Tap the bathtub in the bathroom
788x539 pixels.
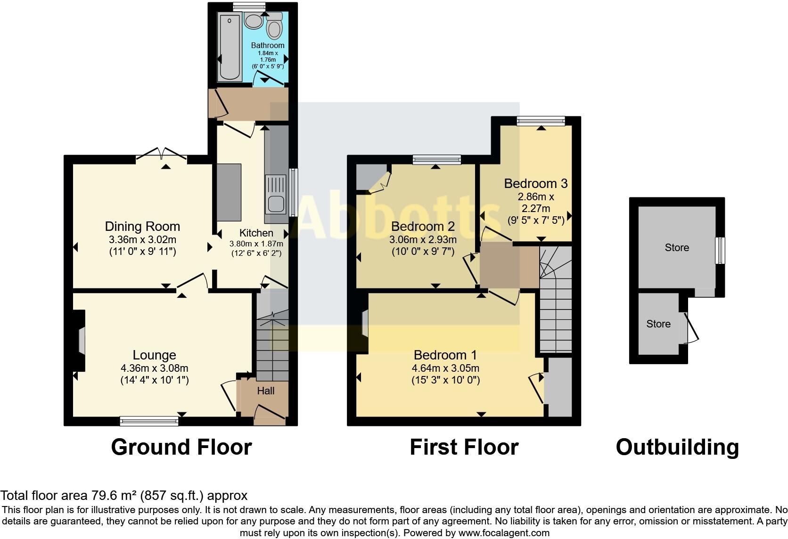[x=230, y=47]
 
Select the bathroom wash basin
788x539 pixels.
[x=255, y=21]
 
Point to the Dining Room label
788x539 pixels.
[x=142, y=227]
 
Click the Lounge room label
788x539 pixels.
[x=154, y=355]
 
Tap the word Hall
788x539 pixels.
[x=266, y=391]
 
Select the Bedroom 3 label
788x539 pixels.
[x=536, y=183]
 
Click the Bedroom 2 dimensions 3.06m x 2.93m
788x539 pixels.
[x=423, y=240]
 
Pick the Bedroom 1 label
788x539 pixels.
[x=445, y=355]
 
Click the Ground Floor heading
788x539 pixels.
[x=181, y=447]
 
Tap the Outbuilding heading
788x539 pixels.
[x=677, y=447]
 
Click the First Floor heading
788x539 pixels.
[x=464, y=447]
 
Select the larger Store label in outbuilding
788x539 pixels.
[x=677, y=248]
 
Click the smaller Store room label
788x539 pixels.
[x=658, y=324]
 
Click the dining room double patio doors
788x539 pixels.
[x=162, y=154]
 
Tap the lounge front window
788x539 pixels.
[x=149, y=421]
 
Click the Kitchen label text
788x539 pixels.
[x=256, y=233]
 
